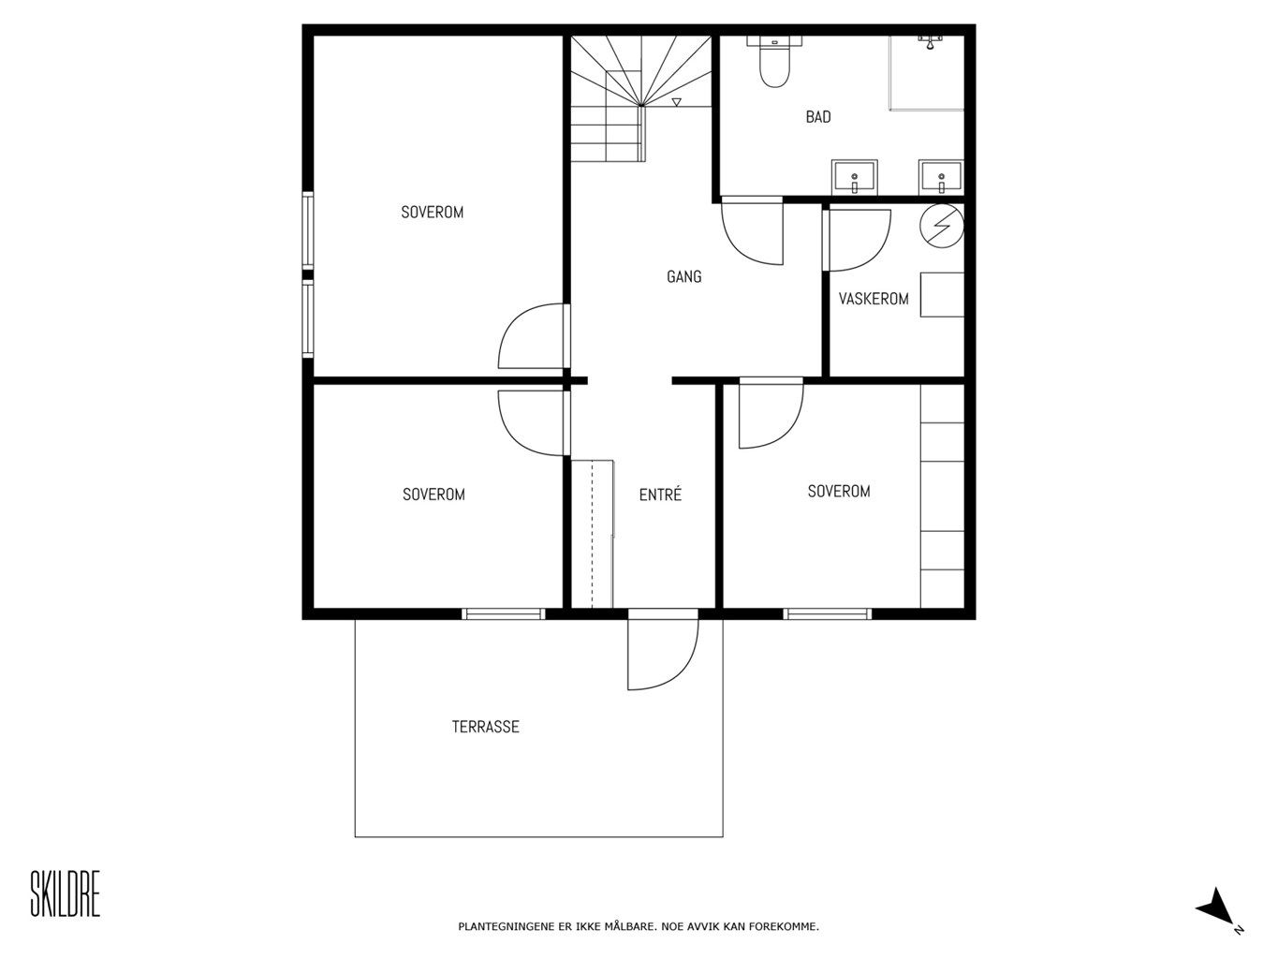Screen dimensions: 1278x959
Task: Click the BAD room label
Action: pos(818,117)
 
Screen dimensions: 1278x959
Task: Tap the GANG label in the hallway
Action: pos(684,276)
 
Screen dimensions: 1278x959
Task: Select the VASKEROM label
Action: pos(874,299)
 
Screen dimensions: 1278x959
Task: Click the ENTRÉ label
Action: pos(660,494)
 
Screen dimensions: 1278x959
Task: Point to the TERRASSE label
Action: pos(486,727)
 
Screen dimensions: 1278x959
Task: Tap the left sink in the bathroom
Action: pos(854,177)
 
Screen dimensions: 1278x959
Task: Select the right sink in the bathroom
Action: pos(941,177)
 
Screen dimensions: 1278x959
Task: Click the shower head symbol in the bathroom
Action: pos(931,42)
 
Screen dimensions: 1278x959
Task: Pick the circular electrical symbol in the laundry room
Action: pos(942,226)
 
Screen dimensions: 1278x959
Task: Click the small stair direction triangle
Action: pos(676,102)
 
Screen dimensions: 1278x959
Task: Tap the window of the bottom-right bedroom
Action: pos(827,613)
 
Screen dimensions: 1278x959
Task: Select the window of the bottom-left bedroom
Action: pos(504,613)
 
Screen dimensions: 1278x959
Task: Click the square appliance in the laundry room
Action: pos(942,295)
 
